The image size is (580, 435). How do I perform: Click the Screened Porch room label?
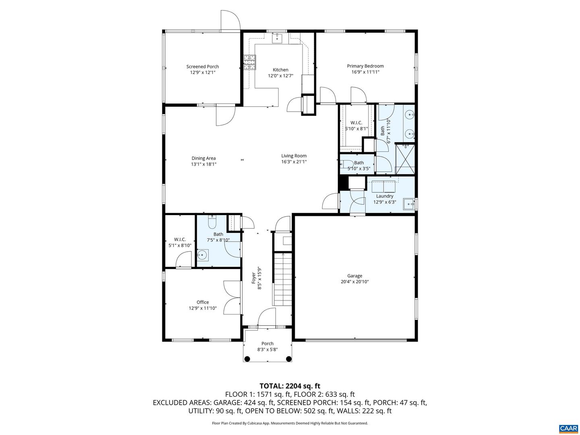tap(203, 66)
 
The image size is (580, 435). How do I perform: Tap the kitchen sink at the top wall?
tap(278, 39)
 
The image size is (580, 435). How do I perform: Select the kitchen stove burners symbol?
tap(249, 63)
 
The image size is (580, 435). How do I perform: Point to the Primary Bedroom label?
tap(365, 66)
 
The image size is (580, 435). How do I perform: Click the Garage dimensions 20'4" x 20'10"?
tap(354, 282)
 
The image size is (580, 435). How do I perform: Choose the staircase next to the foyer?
tap(282, 278)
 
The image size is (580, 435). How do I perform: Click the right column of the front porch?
tap(288, 359)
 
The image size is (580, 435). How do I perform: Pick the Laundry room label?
tap(385, 196)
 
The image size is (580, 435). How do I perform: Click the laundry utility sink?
tap(408, 204)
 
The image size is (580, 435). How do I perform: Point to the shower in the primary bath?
tap(405, 159)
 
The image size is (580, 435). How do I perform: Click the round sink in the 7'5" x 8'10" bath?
tap(203, 255)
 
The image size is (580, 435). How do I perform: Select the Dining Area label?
tap(203, 158)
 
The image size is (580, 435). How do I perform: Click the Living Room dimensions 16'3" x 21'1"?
tap(294, 162)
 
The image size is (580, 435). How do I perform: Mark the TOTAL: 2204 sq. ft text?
tap(290, 386)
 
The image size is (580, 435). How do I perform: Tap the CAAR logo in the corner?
tap(568, 428)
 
